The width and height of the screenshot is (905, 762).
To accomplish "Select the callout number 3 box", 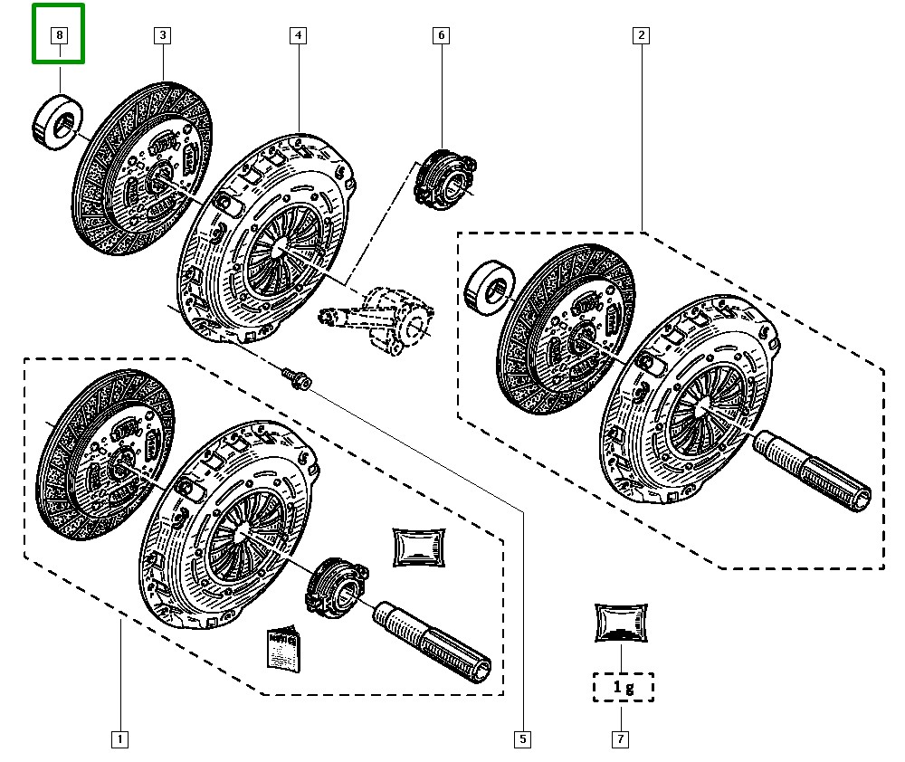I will tap(162, 36).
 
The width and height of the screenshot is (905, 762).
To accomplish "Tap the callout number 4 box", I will tap(298, 36).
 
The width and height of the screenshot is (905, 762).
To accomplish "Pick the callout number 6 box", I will tap(441, 36).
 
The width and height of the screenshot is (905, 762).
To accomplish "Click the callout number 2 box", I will tap(641, 36).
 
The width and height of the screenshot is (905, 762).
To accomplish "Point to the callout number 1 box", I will tap(120, 739).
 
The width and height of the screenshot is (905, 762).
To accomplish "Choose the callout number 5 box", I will tap(522, 739).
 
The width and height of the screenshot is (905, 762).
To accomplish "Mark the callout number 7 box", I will tap(620, 739).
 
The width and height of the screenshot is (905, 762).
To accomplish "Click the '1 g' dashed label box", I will tap(623, 687).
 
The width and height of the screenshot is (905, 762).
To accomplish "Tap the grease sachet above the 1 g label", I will tap(623, 624).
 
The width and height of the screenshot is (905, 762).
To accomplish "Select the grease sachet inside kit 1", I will tap(420, 547).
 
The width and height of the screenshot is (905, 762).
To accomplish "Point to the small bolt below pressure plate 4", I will tap(295, 377).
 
